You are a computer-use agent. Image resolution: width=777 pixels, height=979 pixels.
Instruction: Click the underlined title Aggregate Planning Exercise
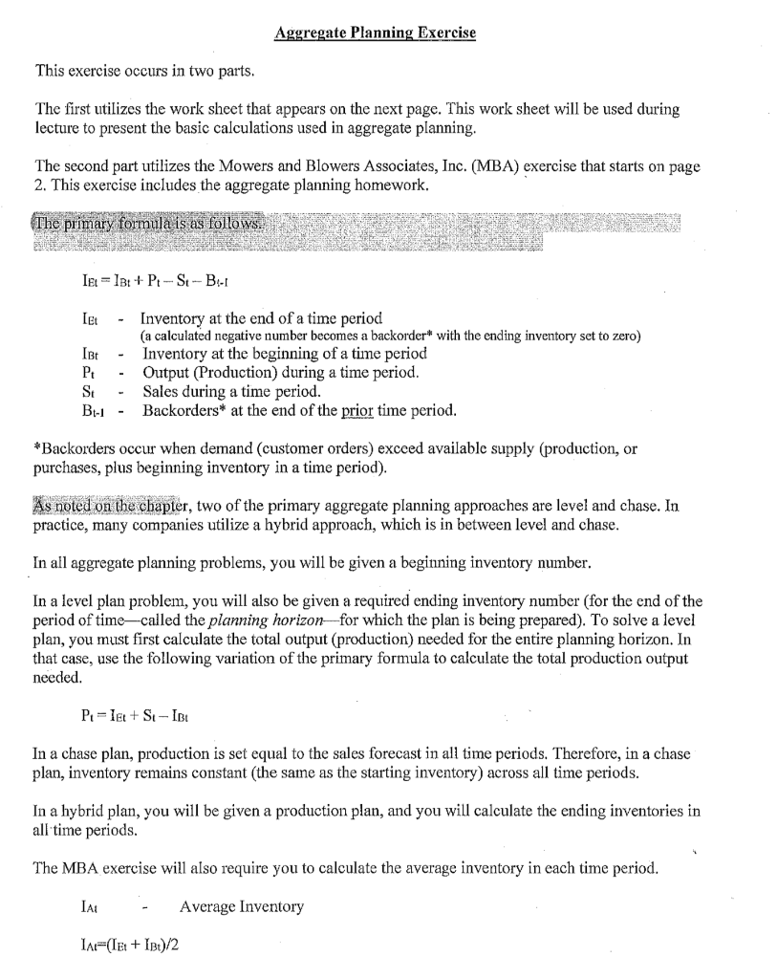click(375, 33)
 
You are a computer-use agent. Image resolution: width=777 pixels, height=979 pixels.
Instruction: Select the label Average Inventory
click(242, 905)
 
